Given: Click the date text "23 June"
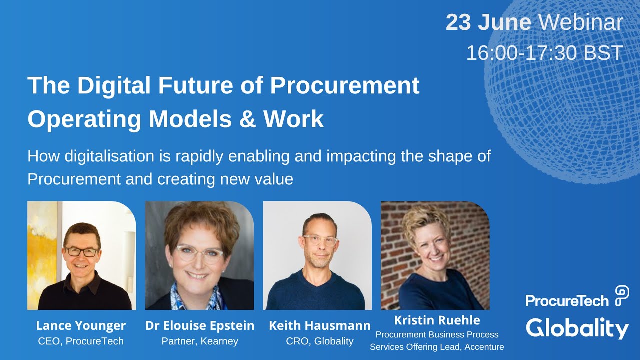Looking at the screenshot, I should coord(488,23).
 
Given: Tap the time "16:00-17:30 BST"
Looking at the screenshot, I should coord(544,53).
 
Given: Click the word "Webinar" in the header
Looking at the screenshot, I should coord(581,23).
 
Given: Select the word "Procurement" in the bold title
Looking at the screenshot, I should coord(344,85).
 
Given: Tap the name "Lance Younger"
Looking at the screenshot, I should coord(81,326).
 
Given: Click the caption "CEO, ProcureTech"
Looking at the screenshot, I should coord(81,341).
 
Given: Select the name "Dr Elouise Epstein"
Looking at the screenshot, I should coord(200,326).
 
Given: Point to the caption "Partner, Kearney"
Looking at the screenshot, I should coord(200,341).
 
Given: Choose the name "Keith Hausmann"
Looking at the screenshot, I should coord(320,326).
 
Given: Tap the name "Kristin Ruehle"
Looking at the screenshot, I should coord(437,320).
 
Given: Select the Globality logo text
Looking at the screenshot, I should coord(577,328).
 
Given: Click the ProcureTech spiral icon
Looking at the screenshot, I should coord(622,295).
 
